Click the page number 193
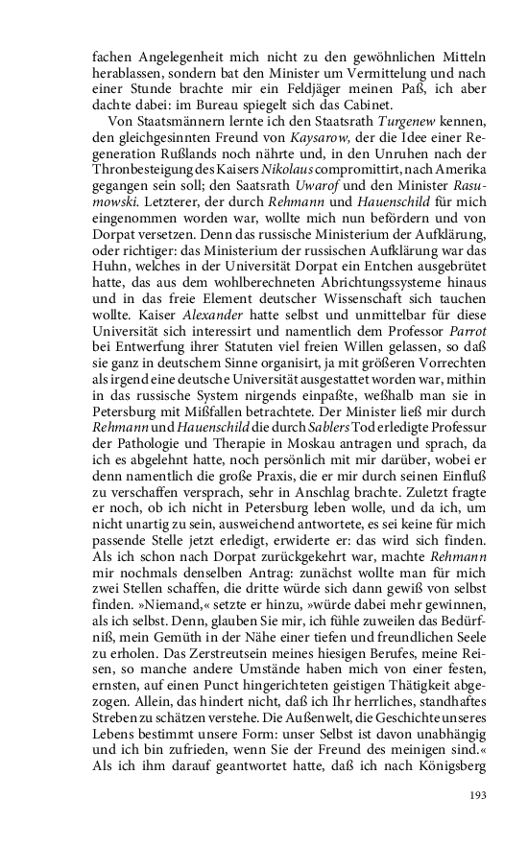pos(479,794)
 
